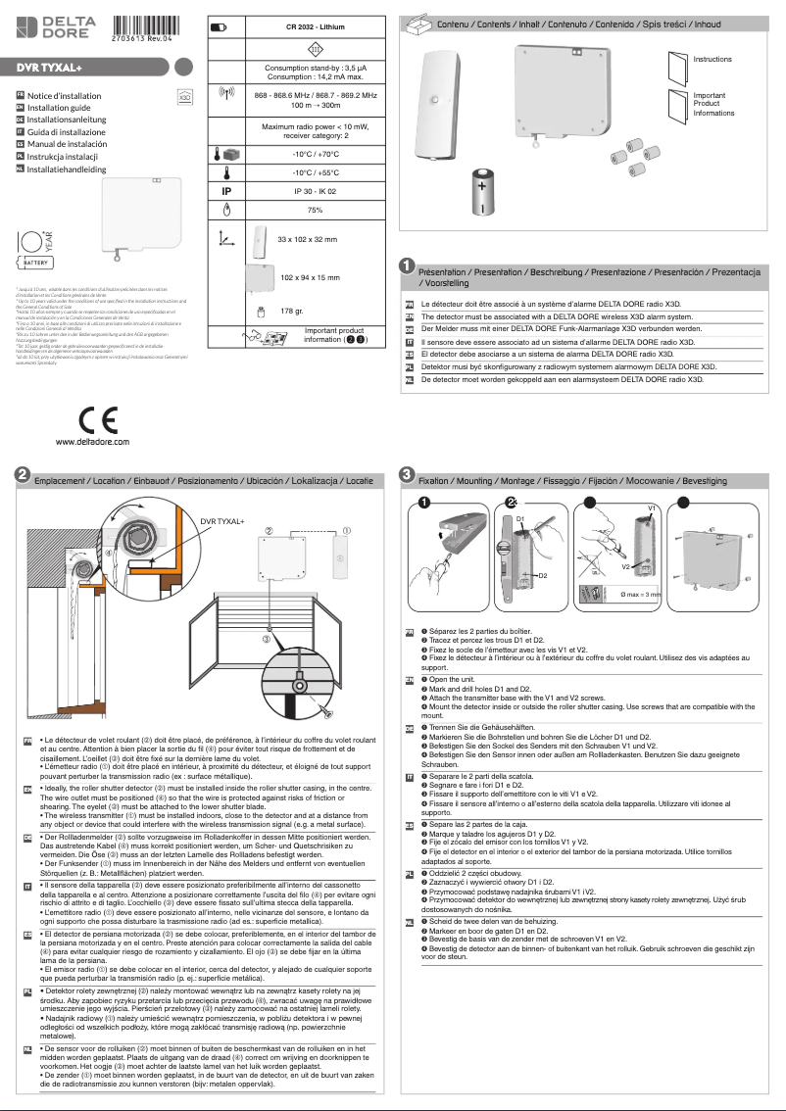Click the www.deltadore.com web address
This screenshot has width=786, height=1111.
click(x=92, y=443)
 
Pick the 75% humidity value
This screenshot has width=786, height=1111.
click(x=315, y=211)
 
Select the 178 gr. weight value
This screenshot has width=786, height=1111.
click(x=293, y=311)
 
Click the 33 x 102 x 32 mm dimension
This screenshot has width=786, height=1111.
click(x=307, y=239)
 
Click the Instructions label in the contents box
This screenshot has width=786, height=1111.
click(x=712, y=60)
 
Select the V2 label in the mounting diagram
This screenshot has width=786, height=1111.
click(x=625, y=566)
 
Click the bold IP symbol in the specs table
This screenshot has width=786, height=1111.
click(x=226, y=192)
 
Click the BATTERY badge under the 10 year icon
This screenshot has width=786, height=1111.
click(x=36, y=264)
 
